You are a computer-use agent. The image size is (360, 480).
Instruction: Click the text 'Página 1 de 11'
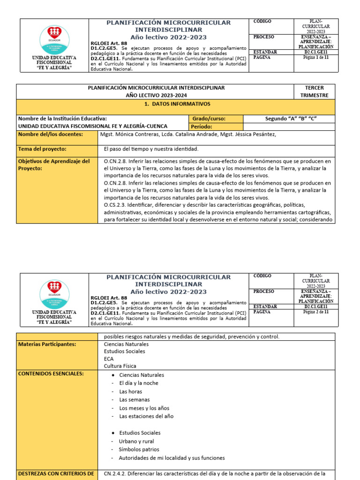(x=316, y=57)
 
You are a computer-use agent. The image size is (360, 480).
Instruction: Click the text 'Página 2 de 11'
(x=316, y=311)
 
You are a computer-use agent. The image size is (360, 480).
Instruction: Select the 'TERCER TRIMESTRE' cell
(x=314, y=91)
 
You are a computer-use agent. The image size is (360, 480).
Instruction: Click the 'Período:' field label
(x=202, y=127)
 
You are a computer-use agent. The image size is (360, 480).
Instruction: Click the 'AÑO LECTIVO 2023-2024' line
(x=156, y=95)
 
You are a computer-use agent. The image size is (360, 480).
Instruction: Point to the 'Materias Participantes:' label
(x=46, y=344)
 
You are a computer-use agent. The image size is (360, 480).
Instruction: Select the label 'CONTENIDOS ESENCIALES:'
(x=51, y=374)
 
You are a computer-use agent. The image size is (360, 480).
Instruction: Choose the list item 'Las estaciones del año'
(x=146, y=416)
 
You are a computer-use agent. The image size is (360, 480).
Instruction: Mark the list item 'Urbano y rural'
(x=136, y=441)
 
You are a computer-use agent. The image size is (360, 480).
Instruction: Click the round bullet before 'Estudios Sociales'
(x=114, y=433)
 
